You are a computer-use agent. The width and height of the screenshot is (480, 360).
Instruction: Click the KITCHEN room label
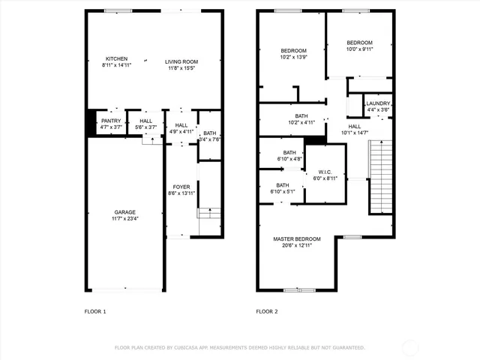(x=116, y=59)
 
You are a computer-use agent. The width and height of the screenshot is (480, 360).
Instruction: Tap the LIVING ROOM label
(x=181, y=62)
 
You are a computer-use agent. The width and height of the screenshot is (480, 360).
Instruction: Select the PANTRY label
(x=111, y=121)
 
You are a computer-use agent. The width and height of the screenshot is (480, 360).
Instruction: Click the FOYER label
(x=181, y=187)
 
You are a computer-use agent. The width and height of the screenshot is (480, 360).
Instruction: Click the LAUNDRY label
(x=378, y=103)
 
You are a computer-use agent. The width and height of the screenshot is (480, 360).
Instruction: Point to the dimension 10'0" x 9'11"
(x=360, y=49)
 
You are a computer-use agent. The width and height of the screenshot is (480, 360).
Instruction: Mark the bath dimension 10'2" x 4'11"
(x=297, y=122)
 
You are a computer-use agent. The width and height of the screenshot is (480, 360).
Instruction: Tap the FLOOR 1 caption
(x=94, y=311)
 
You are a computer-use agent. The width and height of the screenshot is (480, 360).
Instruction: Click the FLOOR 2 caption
(x=266, y=311)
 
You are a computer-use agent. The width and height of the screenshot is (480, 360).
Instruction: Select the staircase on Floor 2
(x=382, y=168)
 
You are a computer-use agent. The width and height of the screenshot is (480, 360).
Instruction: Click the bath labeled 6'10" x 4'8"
(x=289, y=155)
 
